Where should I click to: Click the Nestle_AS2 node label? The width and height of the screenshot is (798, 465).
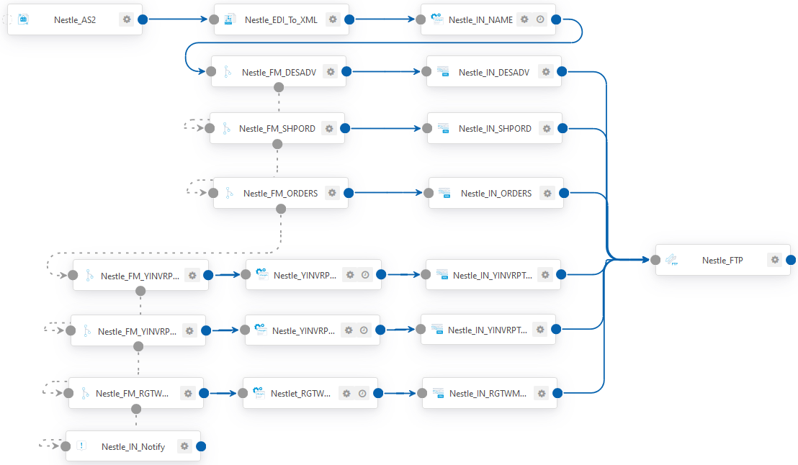point(75,20)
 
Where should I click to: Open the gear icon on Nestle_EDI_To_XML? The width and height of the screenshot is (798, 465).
point(333,19)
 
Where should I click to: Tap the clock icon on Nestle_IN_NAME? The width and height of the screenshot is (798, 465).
point(540,19)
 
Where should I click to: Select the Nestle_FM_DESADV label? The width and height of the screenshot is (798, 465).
point(279,72)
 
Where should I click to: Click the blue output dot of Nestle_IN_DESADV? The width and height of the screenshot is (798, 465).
point(562,72)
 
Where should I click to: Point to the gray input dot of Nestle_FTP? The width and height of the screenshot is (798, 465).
point(655,260)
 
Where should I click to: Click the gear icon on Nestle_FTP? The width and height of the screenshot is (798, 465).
point(774,259)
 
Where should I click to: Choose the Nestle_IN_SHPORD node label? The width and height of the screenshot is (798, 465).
point(495,129)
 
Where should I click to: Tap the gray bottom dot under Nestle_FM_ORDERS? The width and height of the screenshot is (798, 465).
point(280,209)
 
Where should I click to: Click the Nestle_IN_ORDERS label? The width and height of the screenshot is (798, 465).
point(496,194)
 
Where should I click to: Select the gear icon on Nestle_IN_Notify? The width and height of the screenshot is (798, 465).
point(184,446)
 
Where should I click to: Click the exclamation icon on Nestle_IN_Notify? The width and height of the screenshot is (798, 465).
point(81,446)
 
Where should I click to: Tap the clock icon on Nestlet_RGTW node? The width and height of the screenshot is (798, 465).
point(362,393)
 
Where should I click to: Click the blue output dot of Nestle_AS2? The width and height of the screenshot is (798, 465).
point(143,19)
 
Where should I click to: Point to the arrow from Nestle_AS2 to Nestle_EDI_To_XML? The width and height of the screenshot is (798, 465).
point(178,19)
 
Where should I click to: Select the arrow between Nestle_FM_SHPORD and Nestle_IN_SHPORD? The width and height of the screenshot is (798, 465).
point(386,128)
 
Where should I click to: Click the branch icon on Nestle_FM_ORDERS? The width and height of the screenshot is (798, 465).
point(230,193)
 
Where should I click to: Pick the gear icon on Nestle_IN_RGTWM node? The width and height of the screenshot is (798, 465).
point(542,393)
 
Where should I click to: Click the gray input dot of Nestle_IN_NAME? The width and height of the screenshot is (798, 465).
point(421,19)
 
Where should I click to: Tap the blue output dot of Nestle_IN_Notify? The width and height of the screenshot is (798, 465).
point(201,446)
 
